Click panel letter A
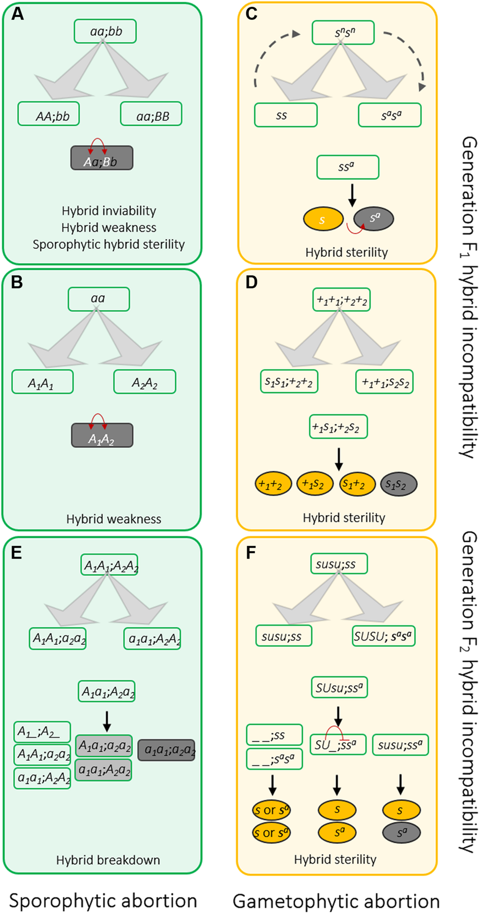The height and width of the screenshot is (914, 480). coord(17,14)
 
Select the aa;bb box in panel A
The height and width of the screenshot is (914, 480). coord(105,31)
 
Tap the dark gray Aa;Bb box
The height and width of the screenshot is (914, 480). coord(102,158)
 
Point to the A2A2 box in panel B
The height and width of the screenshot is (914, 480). coord(144,382)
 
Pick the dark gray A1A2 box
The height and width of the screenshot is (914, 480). coord(102,435)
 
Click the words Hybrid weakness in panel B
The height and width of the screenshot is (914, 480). coord(114,519)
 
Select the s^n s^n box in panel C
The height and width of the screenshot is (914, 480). coord(343,33)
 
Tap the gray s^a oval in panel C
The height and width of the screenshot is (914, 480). coord(374,219)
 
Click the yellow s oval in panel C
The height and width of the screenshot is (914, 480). coord(323,219)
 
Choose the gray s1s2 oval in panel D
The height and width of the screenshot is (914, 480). coord(398,484)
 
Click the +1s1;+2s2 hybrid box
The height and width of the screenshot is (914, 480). coord(338,427)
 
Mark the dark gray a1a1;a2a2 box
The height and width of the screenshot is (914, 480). coord(167,750)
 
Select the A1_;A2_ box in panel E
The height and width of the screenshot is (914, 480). coord(42,732)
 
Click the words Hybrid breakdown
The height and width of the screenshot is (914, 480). coord(108,860)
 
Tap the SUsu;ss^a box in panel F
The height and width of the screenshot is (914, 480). coord(339,688)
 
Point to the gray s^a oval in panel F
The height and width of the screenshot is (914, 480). coord(402,833)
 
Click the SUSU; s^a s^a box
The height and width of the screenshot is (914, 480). coord(383,637)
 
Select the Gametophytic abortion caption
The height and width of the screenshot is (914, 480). coord(336,901)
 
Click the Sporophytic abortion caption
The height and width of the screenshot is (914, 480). coord(103,901)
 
